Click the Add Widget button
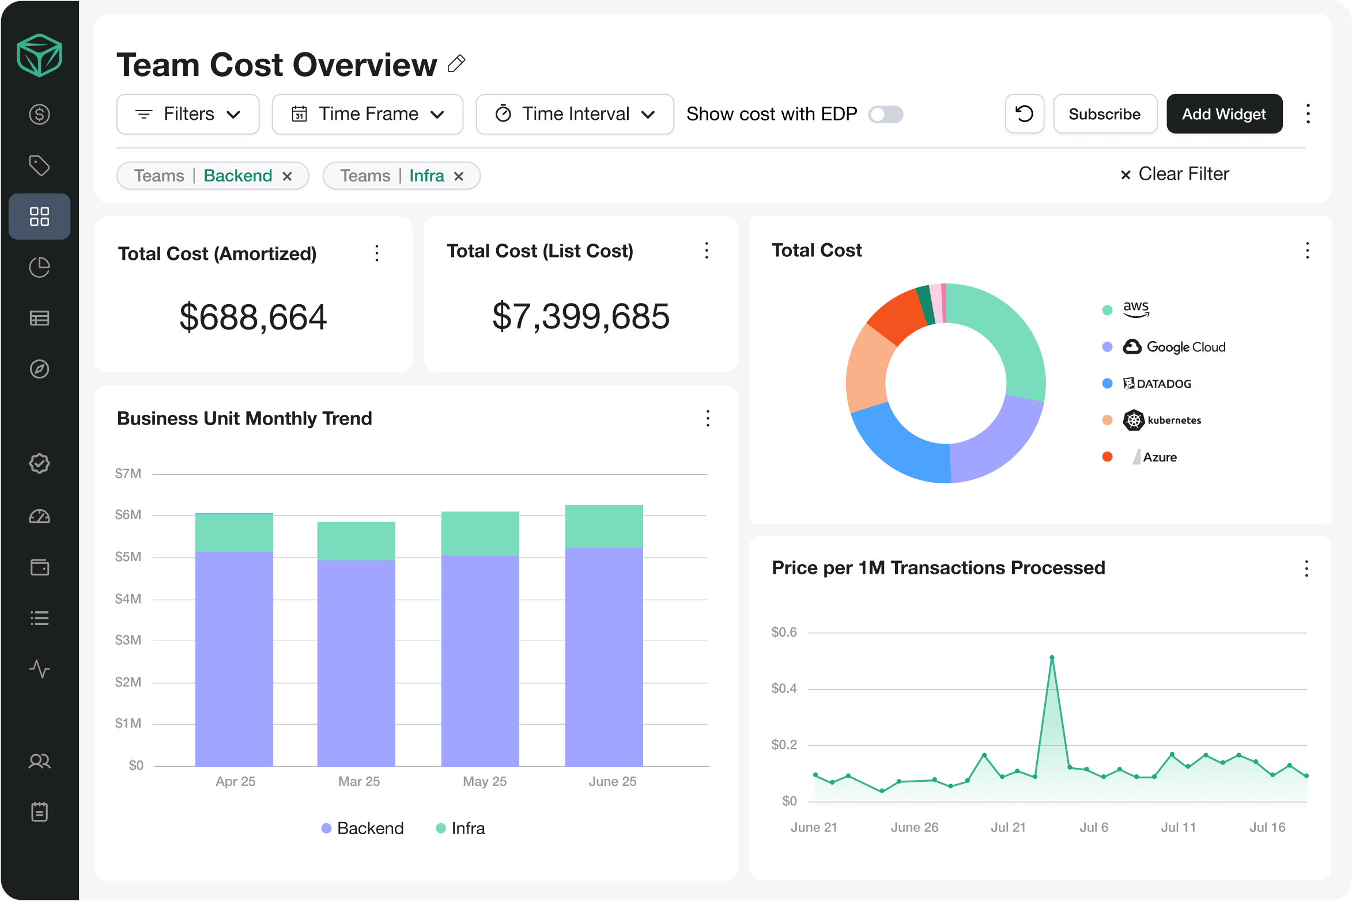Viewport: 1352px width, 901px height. click(1224, 114)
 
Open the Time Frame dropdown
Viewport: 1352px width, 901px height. click(368, 114)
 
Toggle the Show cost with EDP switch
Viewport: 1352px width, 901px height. click(886, 115)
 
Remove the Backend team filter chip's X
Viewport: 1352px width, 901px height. click(288, 176)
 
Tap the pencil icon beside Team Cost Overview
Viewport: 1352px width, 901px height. click(456, 63)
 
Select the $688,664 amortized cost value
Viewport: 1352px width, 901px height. click(253, 317)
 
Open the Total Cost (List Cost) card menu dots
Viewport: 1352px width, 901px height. click(707, 251)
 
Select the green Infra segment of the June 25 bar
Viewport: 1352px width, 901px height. click(604, 526)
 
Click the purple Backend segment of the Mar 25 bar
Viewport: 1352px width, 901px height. click(356, 662)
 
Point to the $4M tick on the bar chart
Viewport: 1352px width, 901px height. click(128, 599)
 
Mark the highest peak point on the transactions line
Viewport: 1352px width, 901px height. click(1052, 657)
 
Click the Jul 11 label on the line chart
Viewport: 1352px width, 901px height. click(1178, 827)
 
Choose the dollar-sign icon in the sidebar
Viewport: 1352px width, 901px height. click(39, 115)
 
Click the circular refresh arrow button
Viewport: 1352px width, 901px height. click(1024, 114)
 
